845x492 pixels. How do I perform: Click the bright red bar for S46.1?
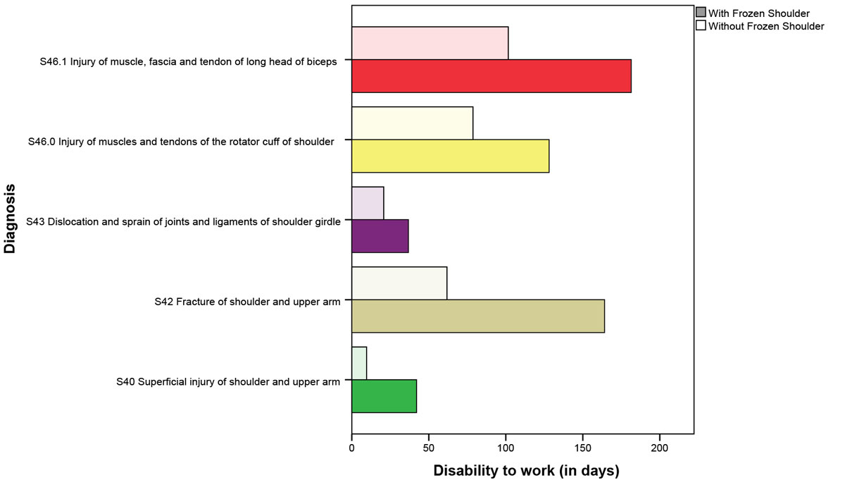491,76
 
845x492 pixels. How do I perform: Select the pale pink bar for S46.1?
430,44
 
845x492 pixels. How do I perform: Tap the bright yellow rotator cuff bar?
450,156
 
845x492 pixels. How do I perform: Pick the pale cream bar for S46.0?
412,123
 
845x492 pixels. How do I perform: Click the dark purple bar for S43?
380,236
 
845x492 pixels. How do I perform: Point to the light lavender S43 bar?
368,203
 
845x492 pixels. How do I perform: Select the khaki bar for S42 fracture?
477,316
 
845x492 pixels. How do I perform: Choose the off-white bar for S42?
399,283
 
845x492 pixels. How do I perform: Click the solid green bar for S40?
384,396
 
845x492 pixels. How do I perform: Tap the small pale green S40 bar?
359,363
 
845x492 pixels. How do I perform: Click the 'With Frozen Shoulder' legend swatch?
701,13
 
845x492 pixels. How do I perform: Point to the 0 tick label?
352,448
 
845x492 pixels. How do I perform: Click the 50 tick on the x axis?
429,448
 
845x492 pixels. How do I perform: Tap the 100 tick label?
506,448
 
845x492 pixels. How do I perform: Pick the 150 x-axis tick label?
582,448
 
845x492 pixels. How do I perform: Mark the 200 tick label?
659,448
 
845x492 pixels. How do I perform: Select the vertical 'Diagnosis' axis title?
11,219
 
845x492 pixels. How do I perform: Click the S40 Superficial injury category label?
228,382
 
